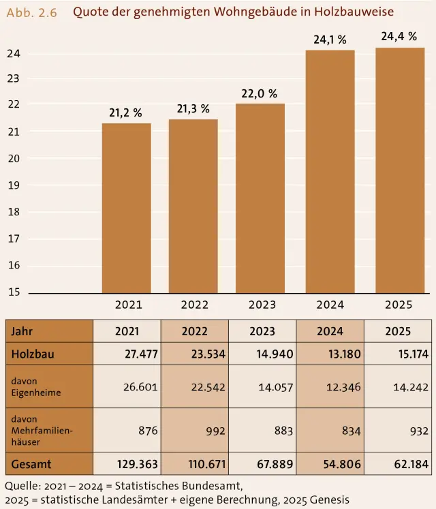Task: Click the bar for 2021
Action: (127, 208)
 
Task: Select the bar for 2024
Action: (330, 172)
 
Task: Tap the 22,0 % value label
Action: (259, 94)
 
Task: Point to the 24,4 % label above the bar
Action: (399, 36)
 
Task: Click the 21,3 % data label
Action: (193, 109)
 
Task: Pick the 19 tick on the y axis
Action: (14, 185)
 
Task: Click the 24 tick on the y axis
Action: (14, 54)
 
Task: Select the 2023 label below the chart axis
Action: (262, 305)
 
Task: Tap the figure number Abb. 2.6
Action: (32, 13)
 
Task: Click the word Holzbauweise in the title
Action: (354, 12)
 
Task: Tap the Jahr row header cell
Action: (49, 331)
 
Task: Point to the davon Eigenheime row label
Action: (36, 386)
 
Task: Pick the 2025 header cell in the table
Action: (398, 331)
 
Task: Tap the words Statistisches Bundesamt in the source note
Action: (179, 486)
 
